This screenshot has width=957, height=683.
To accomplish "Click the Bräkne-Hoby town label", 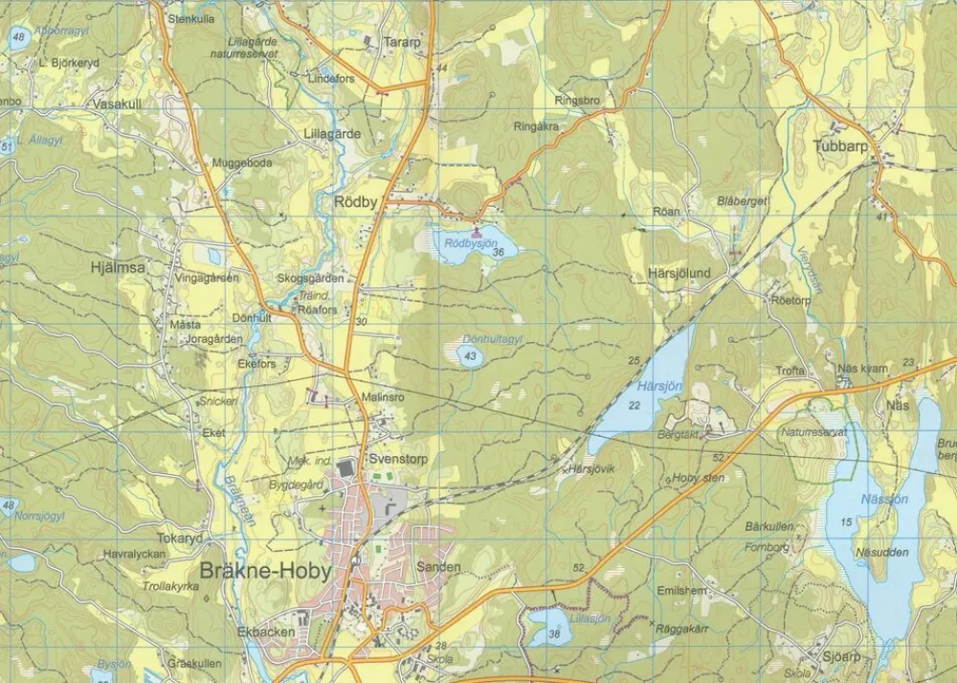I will click(265, 572).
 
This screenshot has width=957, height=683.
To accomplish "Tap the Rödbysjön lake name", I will click(472, 243).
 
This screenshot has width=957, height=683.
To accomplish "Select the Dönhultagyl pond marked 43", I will click(468, 356).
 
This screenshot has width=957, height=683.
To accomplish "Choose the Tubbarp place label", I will click(839, 147).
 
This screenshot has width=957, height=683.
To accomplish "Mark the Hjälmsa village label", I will click(118, 268).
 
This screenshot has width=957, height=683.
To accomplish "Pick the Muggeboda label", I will click(242, 163).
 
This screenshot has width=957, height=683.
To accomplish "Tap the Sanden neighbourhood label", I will click(439, 567).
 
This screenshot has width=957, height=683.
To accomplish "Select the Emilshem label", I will click(681, 591).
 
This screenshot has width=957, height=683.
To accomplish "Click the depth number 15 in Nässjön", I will click(845, 521).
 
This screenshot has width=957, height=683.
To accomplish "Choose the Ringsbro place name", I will click(577, 100).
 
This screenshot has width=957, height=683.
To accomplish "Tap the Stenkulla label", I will click(191, 18).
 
